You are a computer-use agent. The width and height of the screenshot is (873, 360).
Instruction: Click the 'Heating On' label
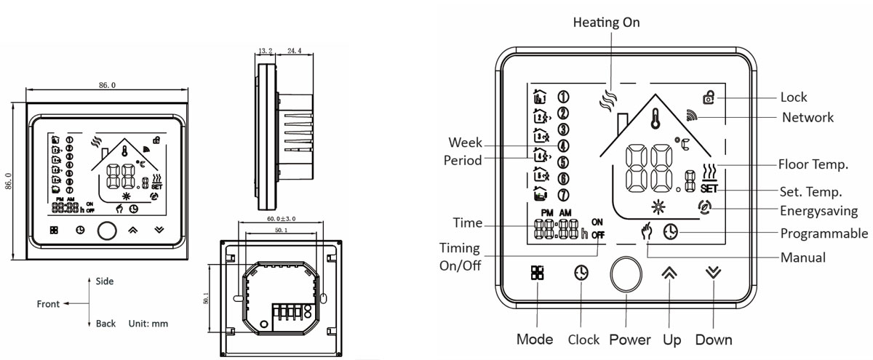click(606, 23)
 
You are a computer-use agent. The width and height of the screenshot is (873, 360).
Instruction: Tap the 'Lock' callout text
click(793, 97)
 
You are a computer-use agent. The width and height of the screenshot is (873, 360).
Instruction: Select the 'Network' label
click(808, 117)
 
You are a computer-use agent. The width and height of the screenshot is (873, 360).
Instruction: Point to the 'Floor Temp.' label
click(813, 165)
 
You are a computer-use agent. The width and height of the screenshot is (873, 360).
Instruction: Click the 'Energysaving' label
click(818, 211)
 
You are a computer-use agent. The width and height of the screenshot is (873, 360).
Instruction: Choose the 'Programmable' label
click(824, 233)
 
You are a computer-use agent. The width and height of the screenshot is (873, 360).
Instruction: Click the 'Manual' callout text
click(802, 257)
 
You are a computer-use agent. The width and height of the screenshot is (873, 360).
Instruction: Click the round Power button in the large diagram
click(626, 273)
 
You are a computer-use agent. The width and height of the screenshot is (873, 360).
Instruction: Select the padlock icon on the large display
click(708, 97)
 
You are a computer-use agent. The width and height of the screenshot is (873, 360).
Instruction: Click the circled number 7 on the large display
click(562, 195)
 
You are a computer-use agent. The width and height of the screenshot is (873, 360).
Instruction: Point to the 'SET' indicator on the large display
click(710, 189)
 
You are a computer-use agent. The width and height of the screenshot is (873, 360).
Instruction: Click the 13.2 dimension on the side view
click(265, 52)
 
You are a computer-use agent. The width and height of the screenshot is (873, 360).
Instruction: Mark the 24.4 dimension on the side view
click(294, 52)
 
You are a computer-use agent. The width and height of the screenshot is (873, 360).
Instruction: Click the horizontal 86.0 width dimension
click(107, 85)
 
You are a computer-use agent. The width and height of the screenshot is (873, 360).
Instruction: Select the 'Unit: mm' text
click(148, 323)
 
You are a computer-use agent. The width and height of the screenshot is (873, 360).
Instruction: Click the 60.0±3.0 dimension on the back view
click(280, 219)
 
